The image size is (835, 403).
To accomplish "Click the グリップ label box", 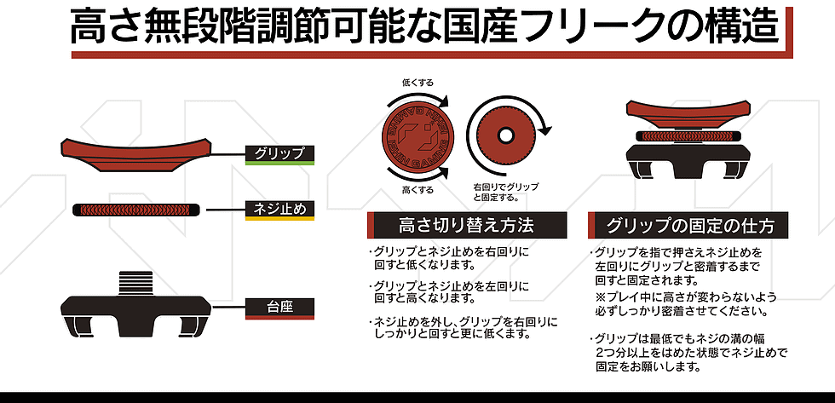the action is [x=279, y=154].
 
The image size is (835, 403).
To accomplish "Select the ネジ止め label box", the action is [x=279, y=210].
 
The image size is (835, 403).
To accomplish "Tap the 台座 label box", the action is [x=279, y=308].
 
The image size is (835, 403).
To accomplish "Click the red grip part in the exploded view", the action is [x=136, y=155].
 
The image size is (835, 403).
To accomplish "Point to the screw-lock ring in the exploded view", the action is [x=136, y=210].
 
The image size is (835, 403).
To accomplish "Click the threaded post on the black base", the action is [x=135, y=283].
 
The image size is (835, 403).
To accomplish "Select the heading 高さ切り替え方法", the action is [x=467, y=226].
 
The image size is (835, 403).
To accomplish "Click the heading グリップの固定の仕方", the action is [x=689, y=226].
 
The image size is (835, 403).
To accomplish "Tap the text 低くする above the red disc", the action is [x=417, y=83].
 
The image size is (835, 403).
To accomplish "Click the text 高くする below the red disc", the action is [x=417, y=190].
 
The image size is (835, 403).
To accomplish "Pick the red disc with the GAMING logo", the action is [x=417, y=136].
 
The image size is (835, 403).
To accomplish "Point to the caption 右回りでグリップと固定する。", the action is [x=505, y=193].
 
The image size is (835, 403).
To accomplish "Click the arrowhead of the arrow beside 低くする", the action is [x=444, y=101].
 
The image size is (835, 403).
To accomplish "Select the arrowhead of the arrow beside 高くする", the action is [x=444, y=172].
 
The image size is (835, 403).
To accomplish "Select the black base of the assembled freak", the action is [x=688, y=158].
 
